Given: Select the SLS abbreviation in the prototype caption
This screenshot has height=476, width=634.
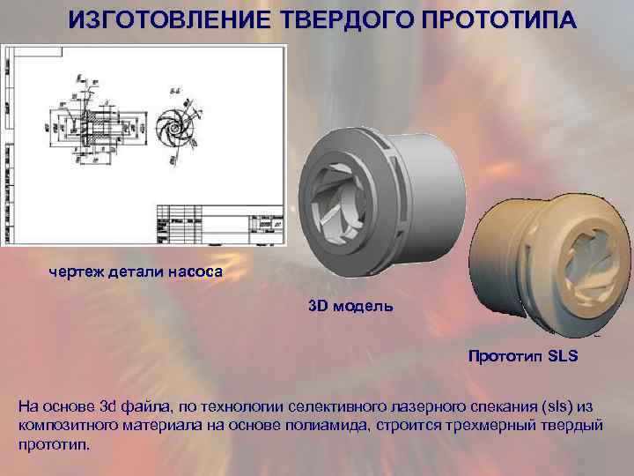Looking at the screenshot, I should [559, 357].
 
